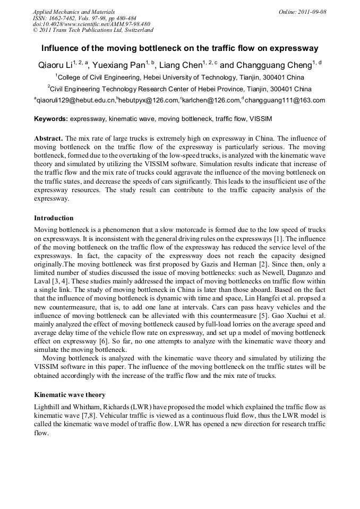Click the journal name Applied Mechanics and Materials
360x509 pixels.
[x=74, y=12]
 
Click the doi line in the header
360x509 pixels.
[x=91, y=24]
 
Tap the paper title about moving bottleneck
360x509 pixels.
[x=179, y=48]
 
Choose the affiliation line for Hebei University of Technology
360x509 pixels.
[x=179, y=77]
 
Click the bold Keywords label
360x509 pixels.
[x=51, y=119]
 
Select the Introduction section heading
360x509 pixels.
[x=54, y=218]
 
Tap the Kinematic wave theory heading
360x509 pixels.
[x=70, y=395]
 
